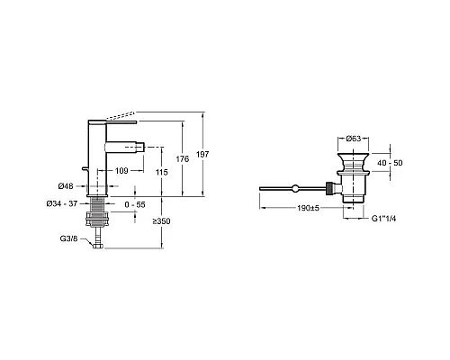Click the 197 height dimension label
[202, 155]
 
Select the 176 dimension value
[183, 158]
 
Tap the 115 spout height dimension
[162, 172]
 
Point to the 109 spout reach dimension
[121, 171]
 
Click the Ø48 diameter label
[66, 186]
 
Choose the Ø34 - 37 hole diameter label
[62, 203]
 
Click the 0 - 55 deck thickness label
[135, 204]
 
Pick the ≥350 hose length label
[161, 221]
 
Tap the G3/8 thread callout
[68, 238]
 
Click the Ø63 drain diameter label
[354, 139]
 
